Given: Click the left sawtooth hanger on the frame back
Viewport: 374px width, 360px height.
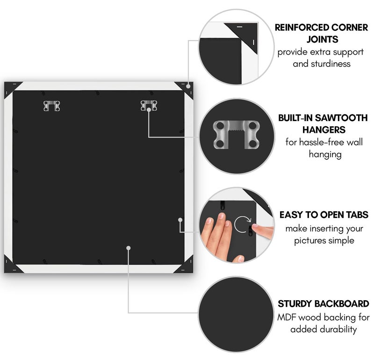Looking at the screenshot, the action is [52, 106].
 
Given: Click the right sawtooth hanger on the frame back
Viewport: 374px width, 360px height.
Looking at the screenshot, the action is [149, 106].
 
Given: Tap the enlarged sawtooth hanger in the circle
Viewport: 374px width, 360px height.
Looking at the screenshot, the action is [236, 135].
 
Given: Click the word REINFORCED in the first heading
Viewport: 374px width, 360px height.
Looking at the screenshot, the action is [302, 28].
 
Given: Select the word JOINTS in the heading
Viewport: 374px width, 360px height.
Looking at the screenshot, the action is [322, 39].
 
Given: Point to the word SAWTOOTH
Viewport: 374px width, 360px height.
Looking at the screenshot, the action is [341, 118].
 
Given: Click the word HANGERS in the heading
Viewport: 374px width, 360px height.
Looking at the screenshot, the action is [324, 130].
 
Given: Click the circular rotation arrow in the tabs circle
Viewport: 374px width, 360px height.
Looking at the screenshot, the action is [243, 224].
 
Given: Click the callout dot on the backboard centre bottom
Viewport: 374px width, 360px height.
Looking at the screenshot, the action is [128, 248].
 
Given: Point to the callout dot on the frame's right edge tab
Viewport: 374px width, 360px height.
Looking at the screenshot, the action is [180, 220].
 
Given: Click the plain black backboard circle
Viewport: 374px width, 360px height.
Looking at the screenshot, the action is [236, 314].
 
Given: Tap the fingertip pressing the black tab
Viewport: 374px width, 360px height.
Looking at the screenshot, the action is [255, 226].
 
